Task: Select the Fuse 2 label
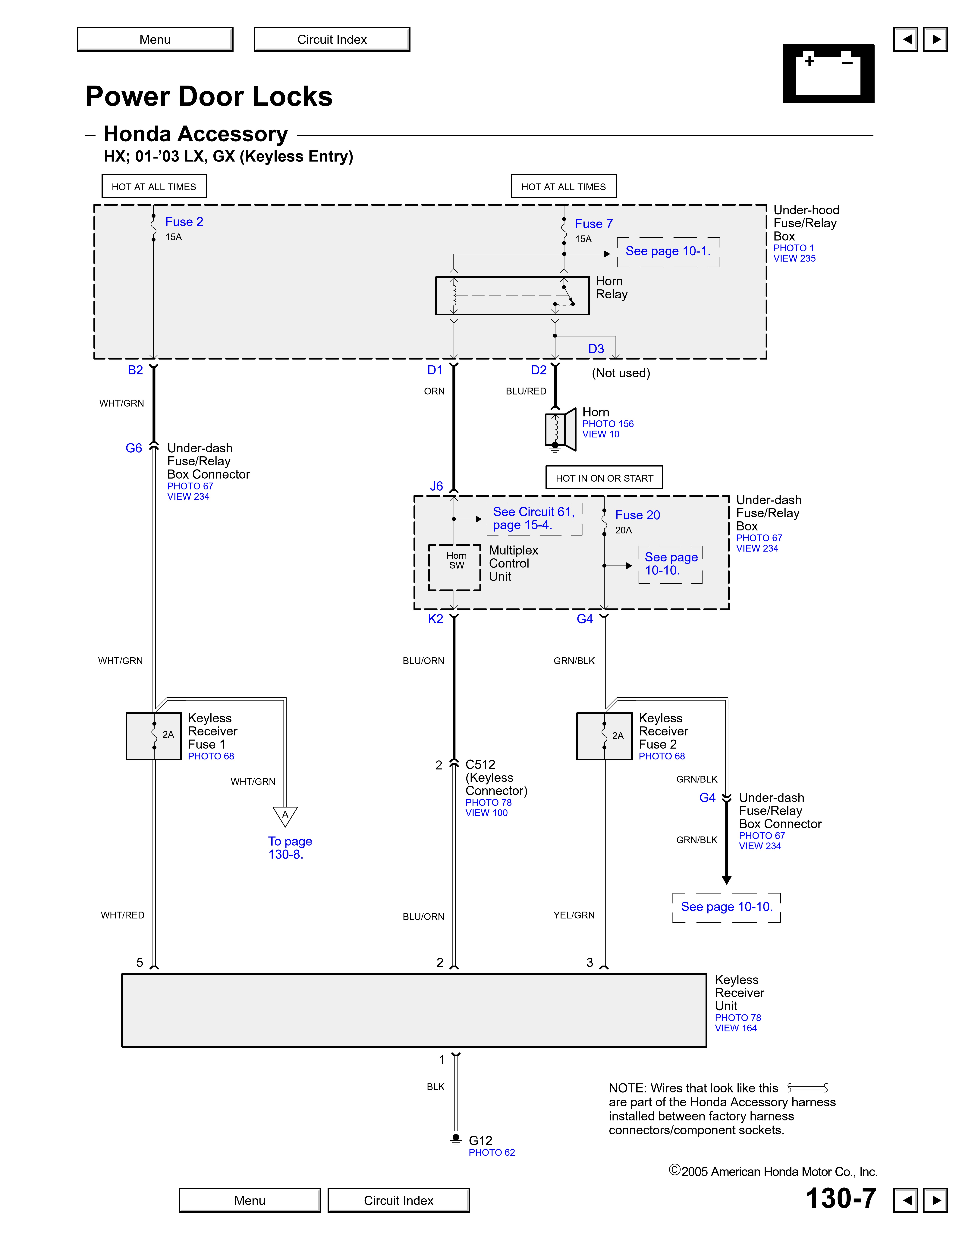[x=184, y=222]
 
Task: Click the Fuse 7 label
[x=594, y=224]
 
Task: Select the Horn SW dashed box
[x=455, y=567]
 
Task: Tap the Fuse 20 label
[x=637, y=515]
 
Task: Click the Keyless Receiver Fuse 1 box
[x=154, y=736]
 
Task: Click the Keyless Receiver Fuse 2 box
[x=605, y=736]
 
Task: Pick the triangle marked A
[x=285, y=815]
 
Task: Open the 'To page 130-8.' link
[x=290, y=848]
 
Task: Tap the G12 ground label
[x=480, y=1140]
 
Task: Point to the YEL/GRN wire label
[x=574, y=915]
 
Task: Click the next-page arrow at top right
[x=935, y=39]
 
